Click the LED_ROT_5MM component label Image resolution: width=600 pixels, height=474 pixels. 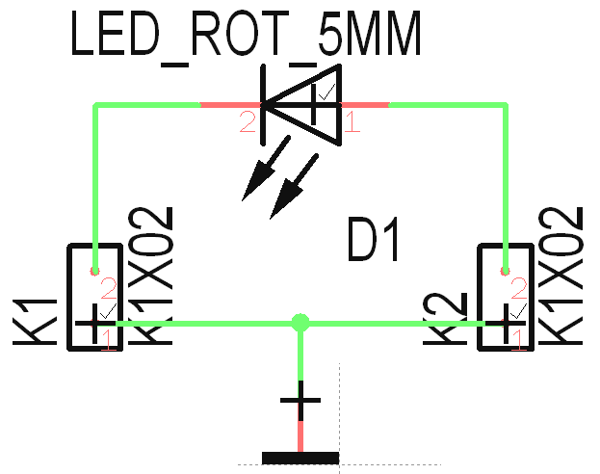pyautogui.click(x=247, y=36)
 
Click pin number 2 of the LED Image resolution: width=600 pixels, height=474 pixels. pyautogui.click(x=248, y=122)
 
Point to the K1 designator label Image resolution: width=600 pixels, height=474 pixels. pyautogui.click(x=35, y=320)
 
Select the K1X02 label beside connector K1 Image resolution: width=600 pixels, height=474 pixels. pyautogui.click(x=151, y=275)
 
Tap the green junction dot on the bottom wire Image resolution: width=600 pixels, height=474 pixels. pyautogui.click(x=300, y=322)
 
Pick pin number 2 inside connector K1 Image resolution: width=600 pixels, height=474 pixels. pyautogui.click(x=108, y=287)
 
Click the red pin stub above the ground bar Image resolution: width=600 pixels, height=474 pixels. pyautogui.click(x=300, y=435)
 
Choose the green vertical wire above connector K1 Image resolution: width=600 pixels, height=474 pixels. pyautogui.click(x=95, y=183)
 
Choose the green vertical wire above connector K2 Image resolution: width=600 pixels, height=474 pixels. pyautogui.click(x=505, y=183)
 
